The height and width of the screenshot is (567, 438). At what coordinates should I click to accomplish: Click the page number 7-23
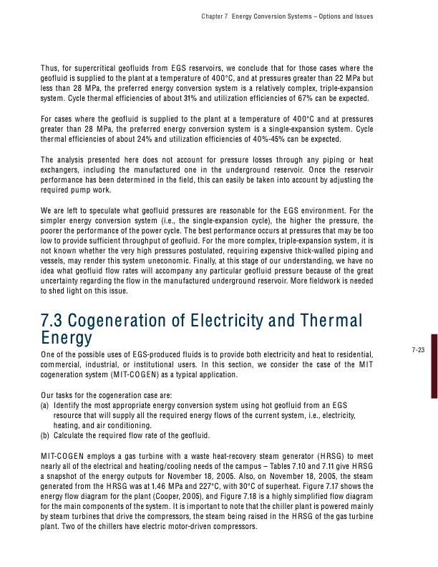click(419, 349)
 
